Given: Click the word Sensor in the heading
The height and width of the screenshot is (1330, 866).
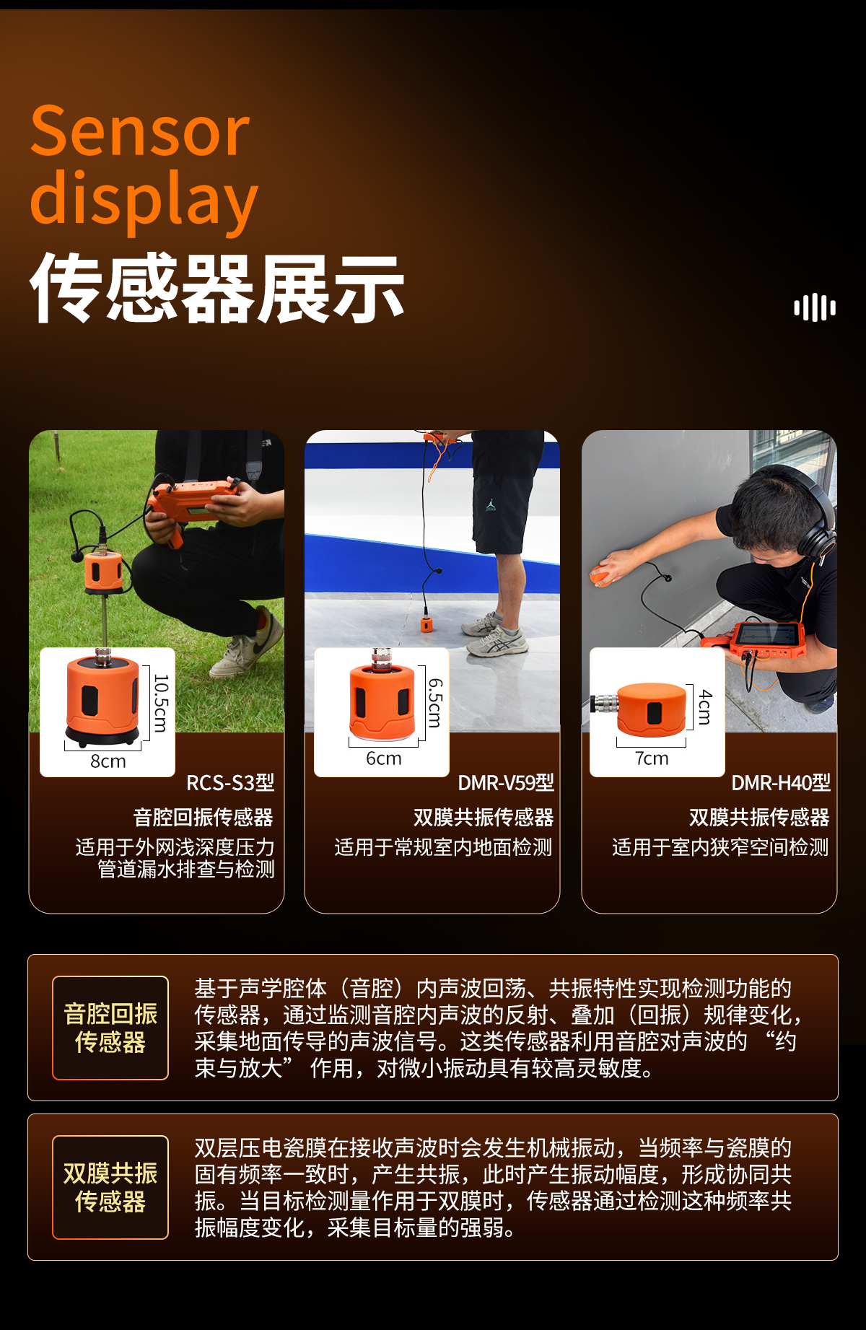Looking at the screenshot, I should click(140, 131).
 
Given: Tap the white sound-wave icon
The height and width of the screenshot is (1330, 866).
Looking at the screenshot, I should click(815, 307).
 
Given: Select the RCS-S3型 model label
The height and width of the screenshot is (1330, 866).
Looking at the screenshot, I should click(230, 783).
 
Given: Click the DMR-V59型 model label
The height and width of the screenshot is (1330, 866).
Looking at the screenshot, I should click(506, 783).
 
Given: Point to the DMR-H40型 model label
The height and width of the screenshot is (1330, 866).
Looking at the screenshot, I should click(781, 783).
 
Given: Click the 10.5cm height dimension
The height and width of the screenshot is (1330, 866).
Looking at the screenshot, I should click(161, 703).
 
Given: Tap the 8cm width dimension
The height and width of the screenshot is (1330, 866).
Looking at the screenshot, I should click(108, 761).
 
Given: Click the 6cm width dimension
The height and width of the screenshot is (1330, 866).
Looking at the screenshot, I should click(383, 758).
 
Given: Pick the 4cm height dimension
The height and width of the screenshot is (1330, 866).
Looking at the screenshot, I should click(705, 707).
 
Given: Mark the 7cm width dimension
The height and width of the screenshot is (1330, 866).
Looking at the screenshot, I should click(652, 758).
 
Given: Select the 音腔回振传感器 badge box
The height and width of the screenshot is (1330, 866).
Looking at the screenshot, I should click(110, 1028).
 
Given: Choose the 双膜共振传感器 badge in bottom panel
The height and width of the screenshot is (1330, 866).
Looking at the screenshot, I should click(110, 1187).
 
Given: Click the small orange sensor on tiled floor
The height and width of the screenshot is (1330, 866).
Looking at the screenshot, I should click(427, 624).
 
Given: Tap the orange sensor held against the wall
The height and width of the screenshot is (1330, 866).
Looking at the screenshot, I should click(600, 577).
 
